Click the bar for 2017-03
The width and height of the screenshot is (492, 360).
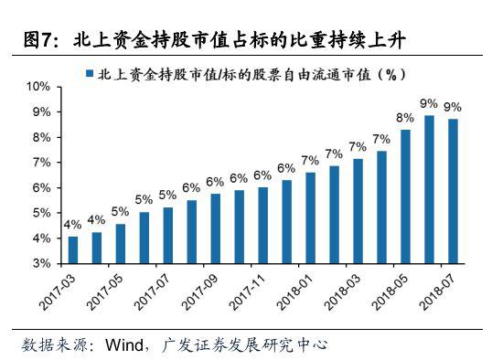pyautogui.click(x=73, y=249)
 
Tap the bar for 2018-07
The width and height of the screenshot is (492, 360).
pyautogui.click(x=453, y=190)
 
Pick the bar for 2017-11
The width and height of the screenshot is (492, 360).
pyautogui.click(x=263, y=225)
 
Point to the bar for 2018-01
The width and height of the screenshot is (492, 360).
pyautogui.click(x=310, y=217)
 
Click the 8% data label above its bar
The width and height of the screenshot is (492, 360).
pyautogui.click(x=405, y=118)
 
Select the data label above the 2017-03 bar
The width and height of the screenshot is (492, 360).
pyautogui.click(x=73, y=225)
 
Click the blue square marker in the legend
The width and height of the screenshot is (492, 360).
pyautogui.click(x=89, y=71)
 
